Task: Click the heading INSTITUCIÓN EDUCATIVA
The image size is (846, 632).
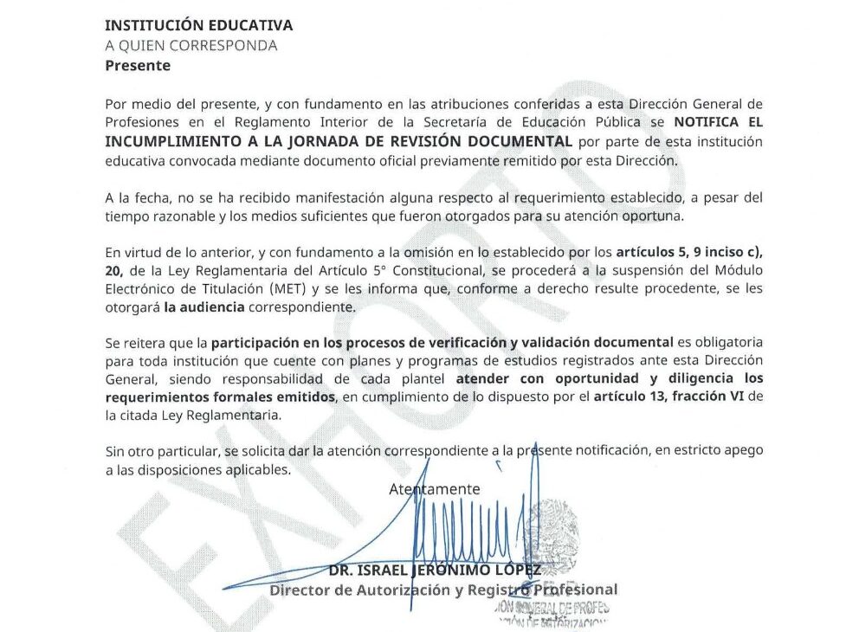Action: (198, 26)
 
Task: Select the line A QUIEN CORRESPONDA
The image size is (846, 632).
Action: (191, 46)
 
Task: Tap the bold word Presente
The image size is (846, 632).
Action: (138, 66)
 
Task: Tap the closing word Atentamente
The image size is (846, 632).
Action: (434, 489)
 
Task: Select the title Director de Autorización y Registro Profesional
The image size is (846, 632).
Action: (443, 590)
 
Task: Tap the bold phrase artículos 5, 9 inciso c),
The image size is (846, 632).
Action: (689, 253)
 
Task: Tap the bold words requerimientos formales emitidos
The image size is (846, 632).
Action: (220, 397)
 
